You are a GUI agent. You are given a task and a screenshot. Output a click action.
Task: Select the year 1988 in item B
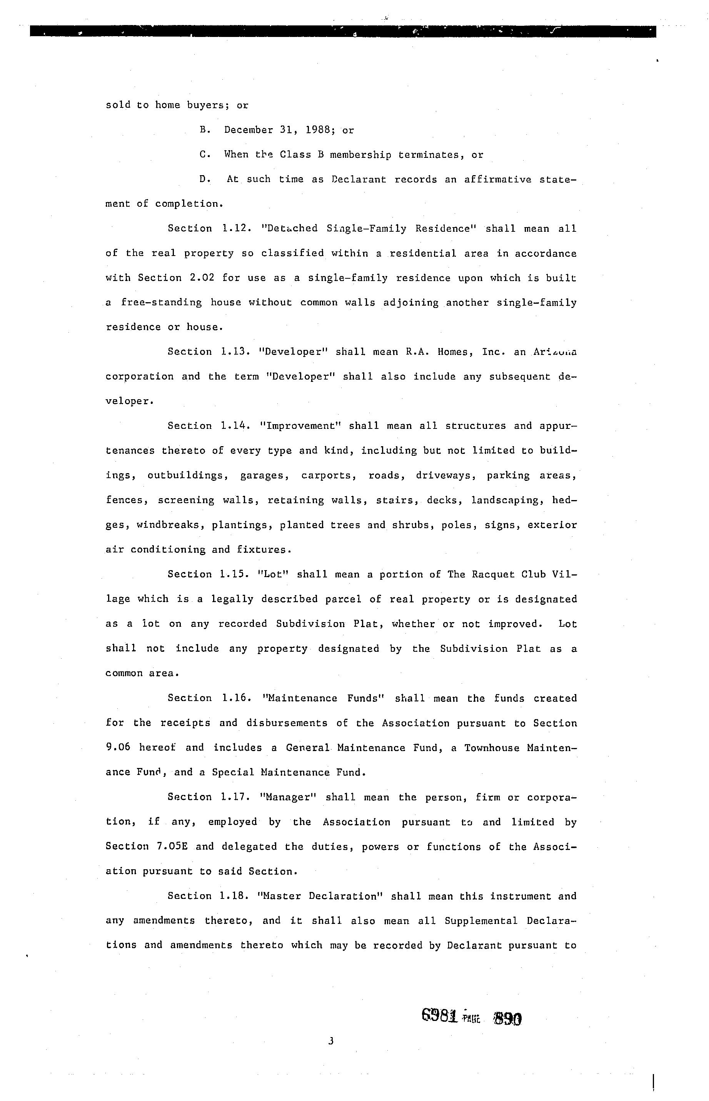(320, 130)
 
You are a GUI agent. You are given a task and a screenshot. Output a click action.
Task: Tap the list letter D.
(204, 179)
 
